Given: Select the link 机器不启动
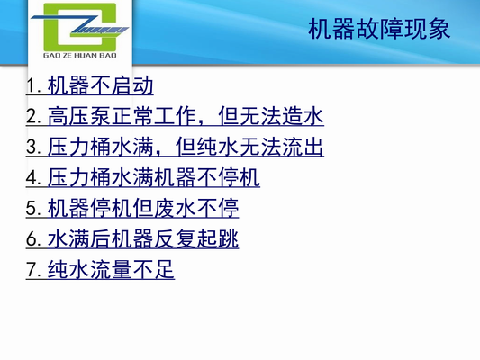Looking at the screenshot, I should click(x=101, y=86).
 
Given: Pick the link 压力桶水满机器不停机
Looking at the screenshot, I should click(x=154, y=178).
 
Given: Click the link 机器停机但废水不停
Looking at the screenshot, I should click(x=143, y=209).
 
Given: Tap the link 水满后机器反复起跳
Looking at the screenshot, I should click(x=143, y=239).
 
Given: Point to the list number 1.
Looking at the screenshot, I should click(x=33, y=86).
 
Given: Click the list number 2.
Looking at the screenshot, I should click(x=33, y=117).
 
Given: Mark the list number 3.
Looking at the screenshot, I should click(x=33, y=148).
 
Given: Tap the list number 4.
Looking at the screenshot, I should click(x=33, y=178).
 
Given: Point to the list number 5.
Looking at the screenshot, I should click(x=33, y=209).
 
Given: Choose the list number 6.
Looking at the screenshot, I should click(x=33, y=239).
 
